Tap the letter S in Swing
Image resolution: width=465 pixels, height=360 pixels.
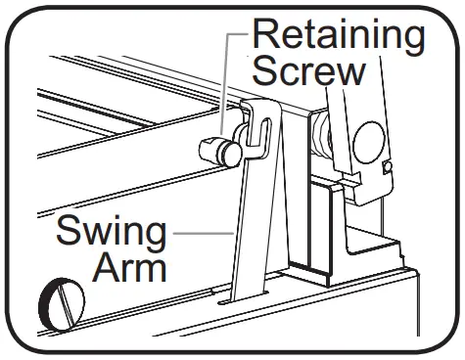pyautogui.click(x=70, y=234)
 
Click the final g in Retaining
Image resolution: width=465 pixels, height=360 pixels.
pyautogui.click(x=413, y=41)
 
